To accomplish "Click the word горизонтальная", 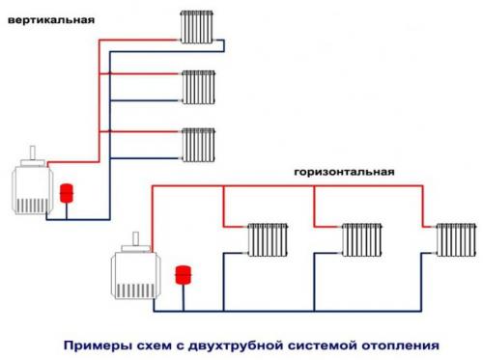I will click(x=345, y=171).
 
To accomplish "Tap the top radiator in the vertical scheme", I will click(x=197, y=27).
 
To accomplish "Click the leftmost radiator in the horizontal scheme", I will click(x=267, y=238).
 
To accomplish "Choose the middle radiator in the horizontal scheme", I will click(x=360, y=238).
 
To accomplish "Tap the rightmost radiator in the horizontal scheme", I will click(x=453, y=238).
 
